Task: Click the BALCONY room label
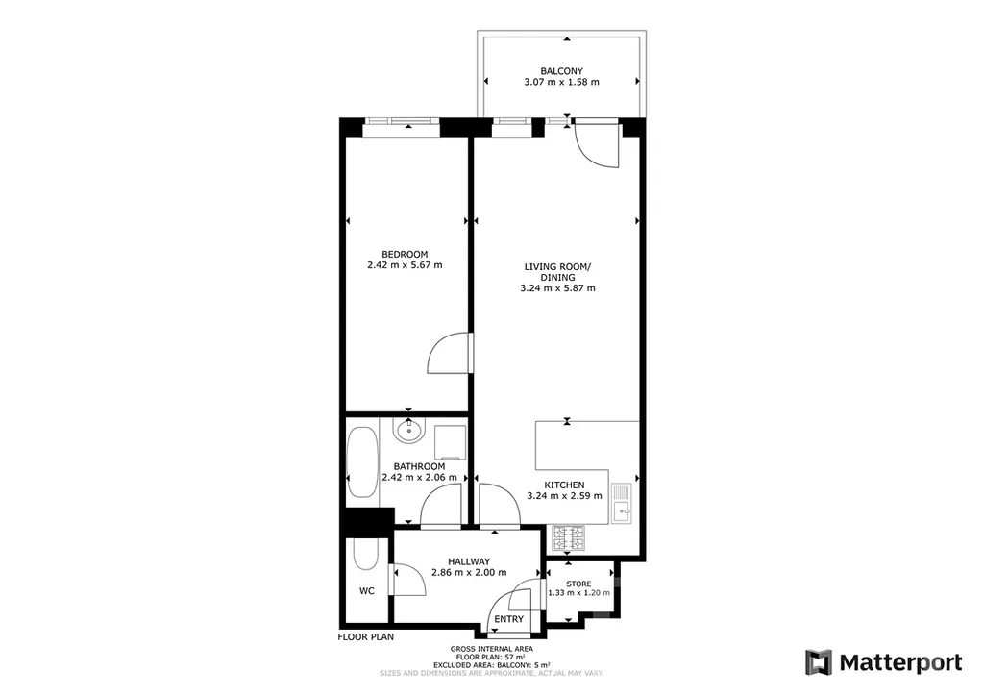click(x=561, y=71)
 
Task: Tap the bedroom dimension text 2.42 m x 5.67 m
click(x=405, y=264)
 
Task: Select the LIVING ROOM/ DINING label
click(x=558, y=272)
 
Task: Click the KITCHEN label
click(x=564, y=485)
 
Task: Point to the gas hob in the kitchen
click(x=569, y=537)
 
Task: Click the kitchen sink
click(x=622, y=504)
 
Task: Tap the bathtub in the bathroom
click(x=362, y=462)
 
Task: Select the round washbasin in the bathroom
click(x=409, y=430)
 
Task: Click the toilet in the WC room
click(x=366, y=553)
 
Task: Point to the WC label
click(x=366, y=591)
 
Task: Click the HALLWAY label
click(x=469, y=561)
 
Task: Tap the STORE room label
click(x=578, y=584)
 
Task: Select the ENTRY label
click(x=508, y=619)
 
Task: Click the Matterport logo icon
click(x=819, y=662)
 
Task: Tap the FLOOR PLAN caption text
click(x=366, y=637)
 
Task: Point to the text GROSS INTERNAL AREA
click(x=491, y=649)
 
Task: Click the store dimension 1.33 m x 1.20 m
click(x=578, y=592)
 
